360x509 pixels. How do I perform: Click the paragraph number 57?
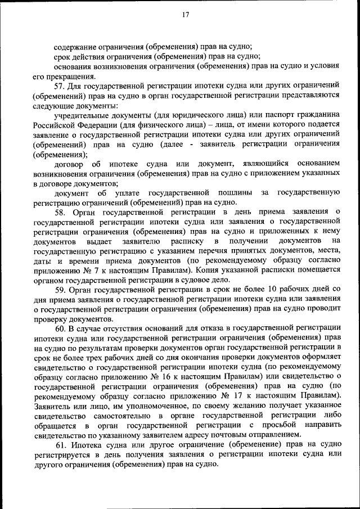pos(60,87)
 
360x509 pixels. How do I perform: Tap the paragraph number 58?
pos(60,212)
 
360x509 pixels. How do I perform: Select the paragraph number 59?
pos(60,289)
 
